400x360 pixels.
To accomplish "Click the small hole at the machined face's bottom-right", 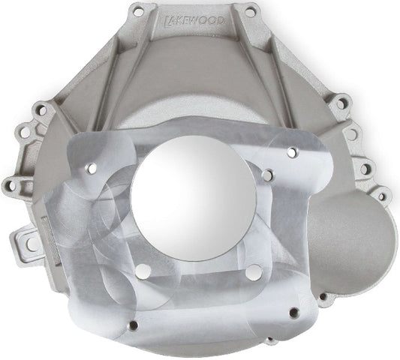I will [293, 314].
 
